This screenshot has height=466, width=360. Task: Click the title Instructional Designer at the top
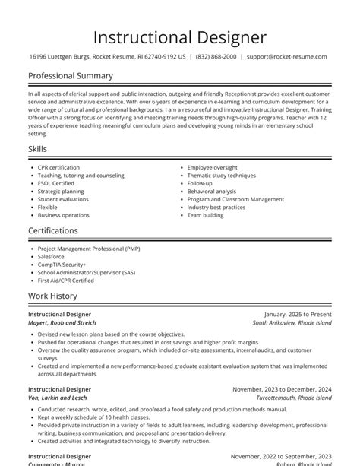click(180, 36)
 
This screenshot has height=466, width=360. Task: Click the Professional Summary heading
click(71, 76)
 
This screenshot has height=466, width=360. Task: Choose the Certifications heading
click(53, 230)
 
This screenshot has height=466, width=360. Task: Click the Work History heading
click(52, 296)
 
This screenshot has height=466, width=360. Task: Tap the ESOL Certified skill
click(56, 183)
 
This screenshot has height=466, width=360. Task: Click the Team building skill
click(206, 215)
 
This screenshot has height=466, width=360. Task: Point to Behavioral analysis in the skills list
click(212, 192)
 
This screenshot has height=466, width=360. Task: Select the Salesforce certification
click(51, 256)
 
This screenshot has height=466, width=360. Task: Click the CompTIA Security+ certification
click(62, 264)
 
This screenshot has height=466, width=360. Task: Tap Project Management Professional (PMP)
click(89, 248)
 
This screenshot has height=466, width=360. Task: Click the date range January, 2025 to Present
click(298, 313)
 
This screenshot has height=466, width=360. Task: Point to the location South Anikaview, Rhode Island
click(292, 322)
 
